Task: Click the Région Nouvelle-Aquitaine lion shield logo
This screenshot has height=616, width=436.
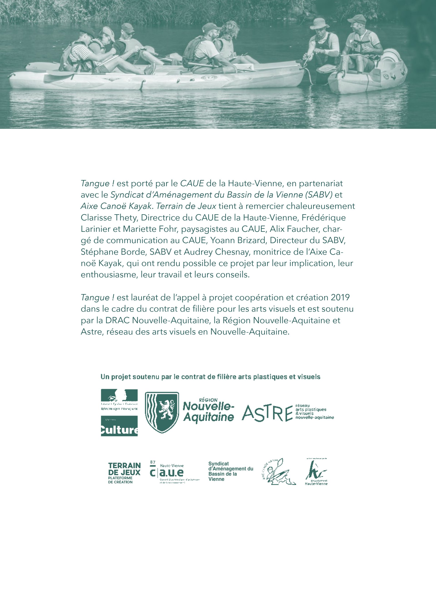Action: tap(162, 412)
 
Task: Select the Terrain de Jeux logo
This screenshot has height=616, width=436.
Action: tap(124, 473)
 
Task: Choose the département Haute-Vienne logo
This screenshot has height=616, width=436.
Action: tap(316, 472)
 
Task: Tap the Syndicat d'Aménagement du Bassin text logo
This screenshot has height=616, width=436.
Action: tap(230, 471)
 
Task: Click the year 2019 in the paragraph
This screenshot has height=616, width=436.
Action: tap(340, 298)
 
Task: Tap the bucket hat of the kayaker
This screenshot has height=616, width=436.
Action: tap(319, 23)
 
